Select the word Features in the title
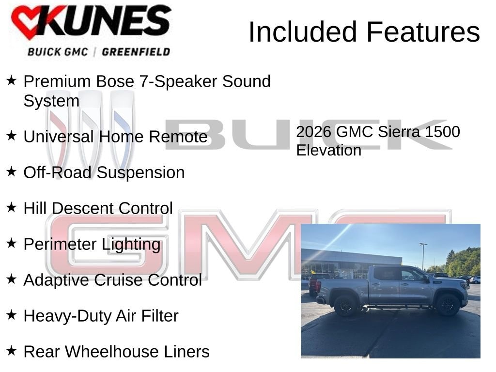[x=423, y=32]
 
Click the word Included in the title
[x=303, y=32]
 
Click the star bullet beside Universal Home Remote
[x=12, y=136]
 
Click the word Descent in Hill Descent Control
[x=83, y=208]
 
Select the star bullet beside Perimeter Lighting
[x=12, y=244]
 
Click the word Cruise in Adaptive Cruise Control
[x=119, y=280]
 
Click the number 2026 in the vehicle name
[x=313, y=132]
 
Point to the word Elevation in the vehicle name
[x=328, y=150]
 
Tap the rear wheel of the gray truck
[x=345, y=306]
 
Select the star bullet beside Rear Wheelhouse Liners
[x=12, y=351]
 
